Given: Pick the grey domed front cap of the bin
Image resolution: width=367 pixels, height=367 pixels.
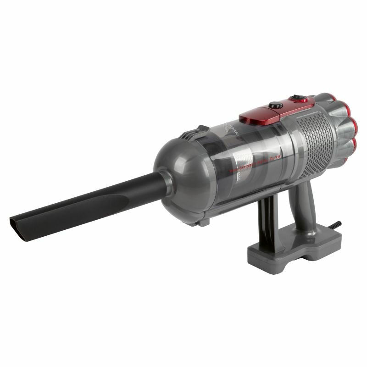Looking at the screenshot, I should click(177, 177).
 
